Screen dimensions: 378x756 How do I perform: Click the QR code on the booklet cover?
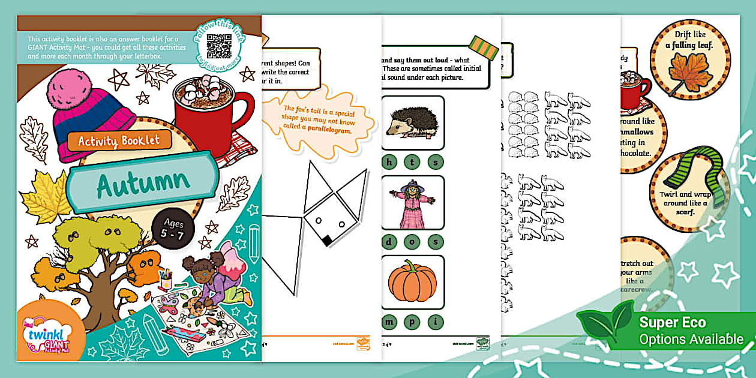coord(219,46)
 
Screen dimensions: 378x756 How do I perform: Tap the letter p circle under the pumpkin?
coord(413,322)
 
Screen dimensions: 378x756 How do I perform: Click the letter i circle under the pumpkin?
coord(436,322)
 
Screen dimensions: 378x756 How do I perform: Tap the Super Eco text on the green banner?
coord(673,323)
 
